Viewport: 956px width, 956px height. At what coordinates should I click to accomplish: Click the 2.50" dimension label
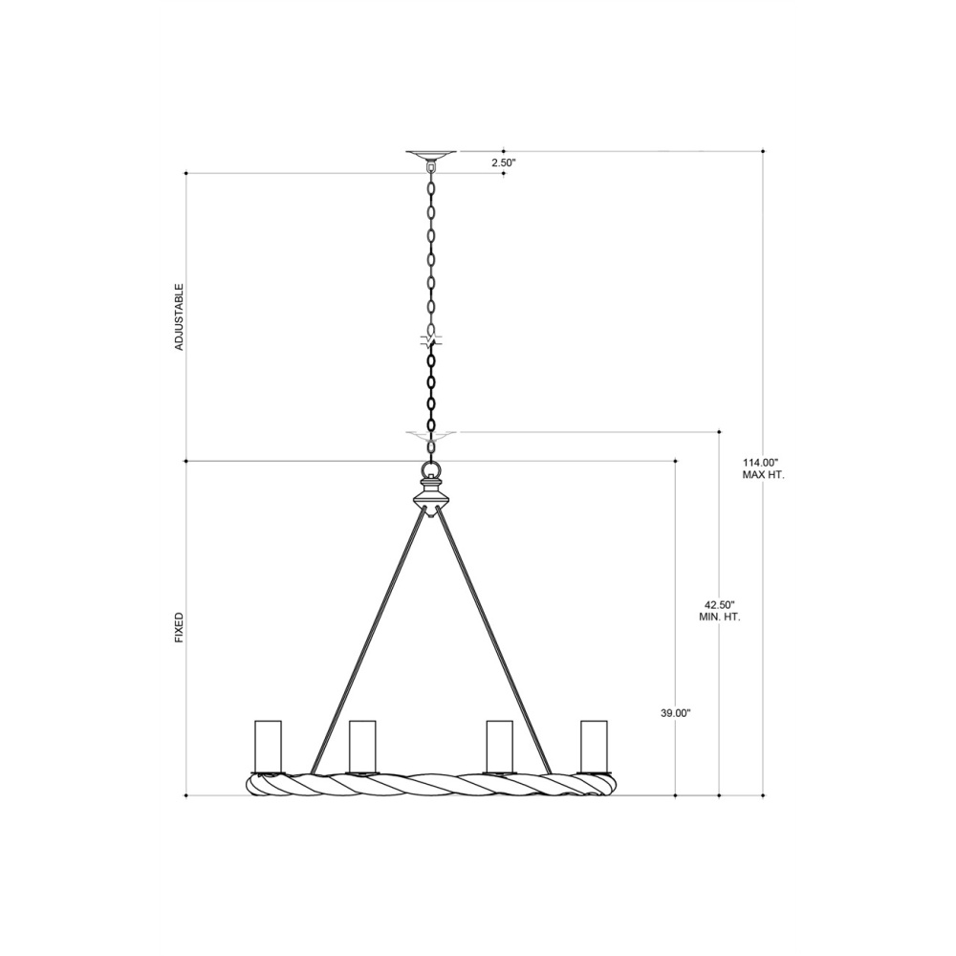[504, 163]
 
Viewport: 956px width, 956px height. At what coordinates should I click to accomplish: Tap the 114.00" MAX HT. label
[763, 468]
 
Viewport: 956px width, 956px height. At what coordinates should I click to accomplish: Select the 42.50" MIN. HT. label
[720, 611]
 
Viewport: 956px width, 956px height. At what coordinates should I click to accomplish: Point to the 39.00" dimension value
[676, 713]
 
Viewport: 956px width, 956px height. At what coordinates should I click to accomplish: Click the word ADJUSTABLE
[180, 316]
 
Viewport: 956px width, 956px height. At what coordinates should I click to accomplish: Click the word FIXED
[180, 628]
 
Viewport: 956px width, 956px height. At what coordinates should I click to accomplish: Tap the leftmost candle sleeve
[269, 747]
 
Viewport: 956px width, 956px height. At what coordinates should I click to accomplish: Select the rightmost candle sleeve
[595, 747]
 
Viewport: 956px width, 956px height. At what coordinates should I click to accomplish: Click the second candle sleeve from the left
[362, 747]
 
